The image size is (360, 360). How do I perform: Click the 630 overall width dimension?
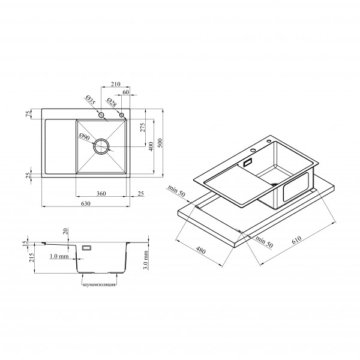[86, 203]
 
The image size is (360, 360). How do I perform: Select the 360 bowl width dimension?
[101, 194]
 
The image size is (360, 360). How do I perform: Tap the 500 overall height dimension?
[160, 143]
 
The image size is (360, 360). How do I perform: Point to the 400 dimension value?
[151, 146]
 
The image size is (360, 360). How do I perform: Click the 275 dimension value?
[143, 127]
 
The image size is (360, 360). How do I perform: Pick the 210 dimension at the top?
[115, 84]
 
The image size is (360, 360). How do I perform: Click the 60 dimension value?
[126, 92]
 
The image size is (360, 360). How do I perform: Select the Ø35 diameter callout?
[90, 100]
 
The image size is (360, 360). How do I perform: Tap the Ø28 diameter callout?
[112, 103]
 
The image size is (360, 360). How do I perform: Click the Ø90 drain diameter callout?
[84, 137]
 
